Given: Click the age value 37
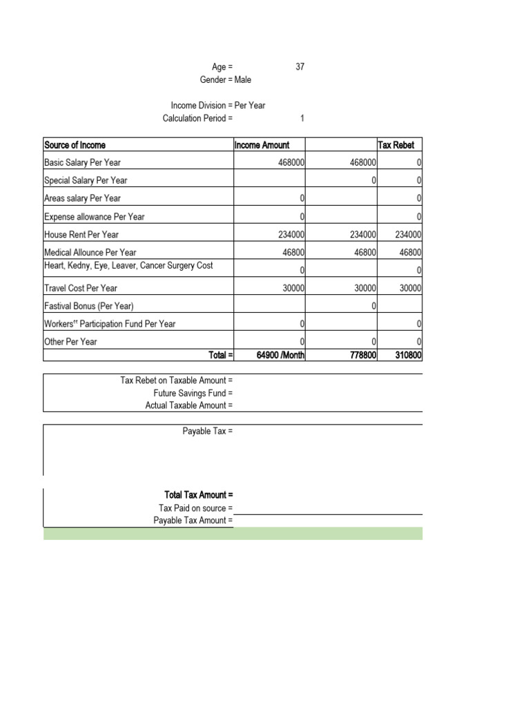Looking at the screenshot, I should coord(300,67).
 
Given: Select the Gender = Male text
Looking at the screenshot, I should coord(226,79).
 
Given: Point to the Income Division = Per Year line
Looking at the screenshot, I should coord(218,106).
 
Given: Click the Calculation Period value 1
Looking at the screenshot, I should coord(302,118).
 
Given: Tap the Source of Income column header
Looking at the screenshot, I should coord(75,145).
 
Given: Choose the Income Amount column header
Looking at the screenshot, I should coord(262,145).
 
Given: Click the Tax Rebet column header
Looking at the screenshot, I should coord(396,145).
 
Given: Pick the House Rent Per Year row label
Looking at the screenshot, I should coord(81,235).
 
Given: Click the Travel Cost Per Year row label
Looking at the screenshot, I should coord(81,288).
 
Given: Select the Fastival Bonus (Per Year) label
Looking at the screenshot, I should coord(89,306).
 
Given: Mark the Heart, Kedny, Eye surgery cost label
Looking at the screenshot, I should coord(128,265).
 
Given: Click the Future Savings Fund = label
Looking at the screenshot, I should coord(193,393).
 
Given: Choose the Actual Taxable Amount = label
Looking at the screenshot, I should coord(188,405).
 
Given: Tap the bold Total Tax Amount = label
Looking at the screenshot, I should coord(199,495).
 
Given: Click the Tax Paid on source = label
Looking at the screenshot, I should coord(195,508).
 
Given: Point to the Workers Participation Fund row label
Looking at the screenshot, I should coord(110,324).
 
